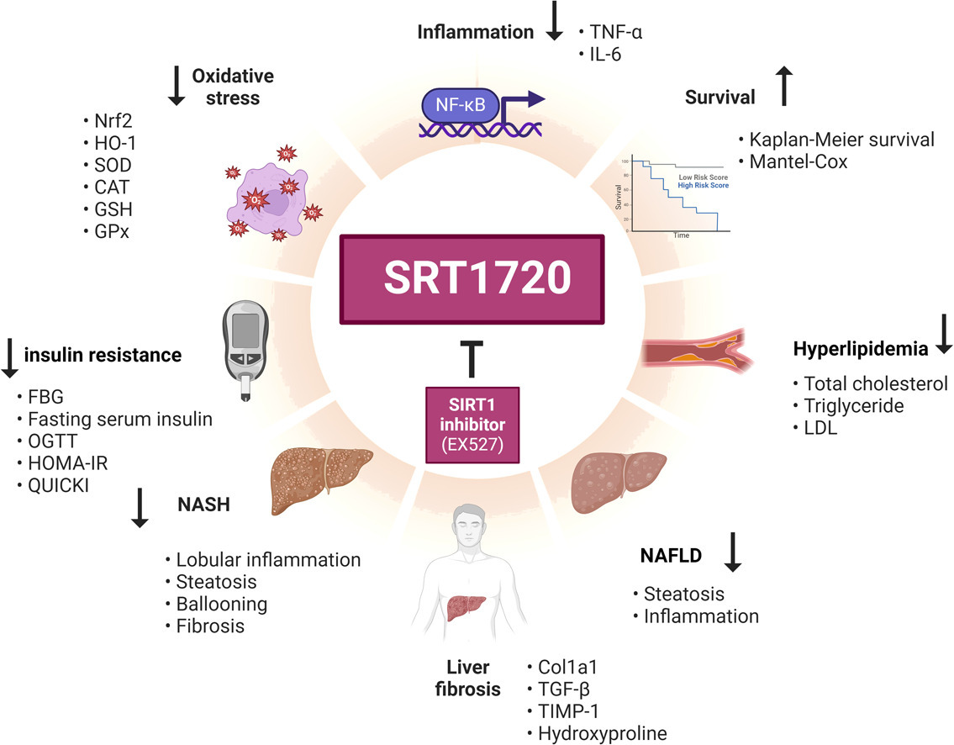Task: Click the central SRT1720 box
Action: [x=472, y=278]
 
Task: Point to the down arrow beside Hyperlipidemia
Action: [x=942, y=334]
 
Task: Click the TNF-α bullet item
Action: [x=618, y=34]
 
